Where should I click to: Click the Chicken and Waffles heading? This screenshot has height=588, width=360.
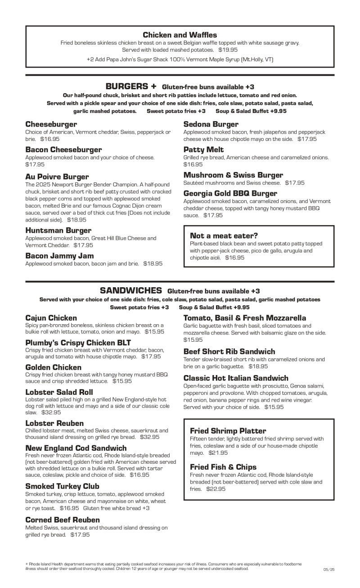[x=180, y=35]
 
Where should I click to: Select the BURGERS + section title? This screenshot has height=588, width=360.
[x=131, y=86]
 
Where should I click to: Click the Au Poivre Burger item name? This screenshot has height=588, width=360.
[x=57, y=176]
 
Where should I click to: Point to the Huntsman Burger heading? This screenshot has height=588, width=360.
[x=58, y=231]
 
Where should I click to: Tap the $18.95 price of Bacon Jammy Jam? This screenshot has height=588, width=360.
[x=153, y=264]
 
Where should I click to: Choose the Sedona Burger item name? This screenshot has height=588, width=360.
[x=211, y=124]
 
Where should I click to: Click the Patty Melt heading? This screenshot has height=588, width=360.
[x=203, y=149]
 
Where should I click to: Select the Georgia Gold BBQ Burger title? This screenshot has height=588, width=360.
[x=230, y=193]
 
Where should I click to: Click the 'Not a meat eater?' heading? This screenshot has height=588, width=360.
[x=224, y=235]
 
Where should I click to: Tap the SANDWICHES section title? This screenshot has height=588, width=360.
[x=131, y=290]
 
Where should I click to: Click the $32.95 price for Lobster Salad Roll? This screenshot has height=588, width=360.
[x=50, y=412]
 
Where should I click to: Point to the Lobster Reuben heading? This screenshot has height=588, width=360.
[x=54, y=423]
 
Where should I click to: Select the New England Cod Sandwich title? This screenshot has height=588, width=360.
[x=76, y=448]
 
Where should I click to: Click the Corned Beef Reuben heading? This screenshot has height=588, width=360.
[x=63, y=520]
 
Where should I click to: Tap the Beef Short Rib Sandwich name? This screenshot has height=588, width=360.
[x=229, y=351]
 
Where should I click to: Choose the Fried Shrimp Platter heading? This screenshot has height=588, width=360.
[x=228, y=431]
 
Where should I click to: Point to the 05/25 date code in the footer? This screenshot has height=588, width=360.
[x=329, y=570]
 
